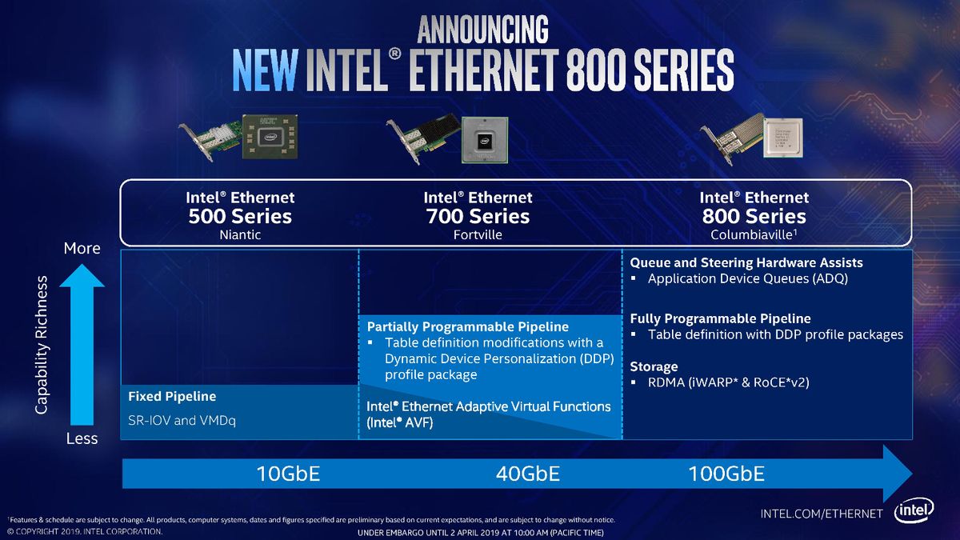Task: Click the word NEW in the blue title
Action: click(265, 70)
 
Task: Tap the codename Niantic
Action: click(240, 235)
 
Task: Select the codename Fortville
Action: click(478, 235)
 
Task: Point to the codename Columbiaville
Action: click(751, 235)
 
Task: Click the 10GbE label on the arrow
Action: click(288, 474)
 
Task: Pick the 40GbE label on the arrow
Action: click(527, 474)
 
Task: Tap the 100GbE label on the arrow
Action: click(726, 474)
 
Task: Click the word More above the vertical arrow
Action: click(82, 249)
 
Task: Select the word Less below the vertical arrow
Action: click(82, 439)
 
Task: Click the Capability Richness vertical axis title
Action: click(41, 345)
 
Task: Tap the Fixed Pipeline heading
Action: click(172, 397)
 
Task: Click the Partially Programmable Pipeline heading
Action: click(467, 327)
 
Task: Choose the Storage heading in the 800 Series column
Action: click(654, 367)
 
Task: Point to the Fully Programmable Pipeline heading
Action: click(720, 318)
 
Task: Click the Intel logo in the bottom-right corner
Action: click(914, 510)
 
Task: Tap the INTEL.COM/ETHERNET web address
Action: click(822, 514)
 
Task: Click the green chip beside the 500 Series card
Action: click(270, 137)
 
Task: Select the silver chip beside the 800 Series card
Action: click(782, 138)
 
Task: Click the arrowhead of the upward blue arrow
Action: click(82, 275)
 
